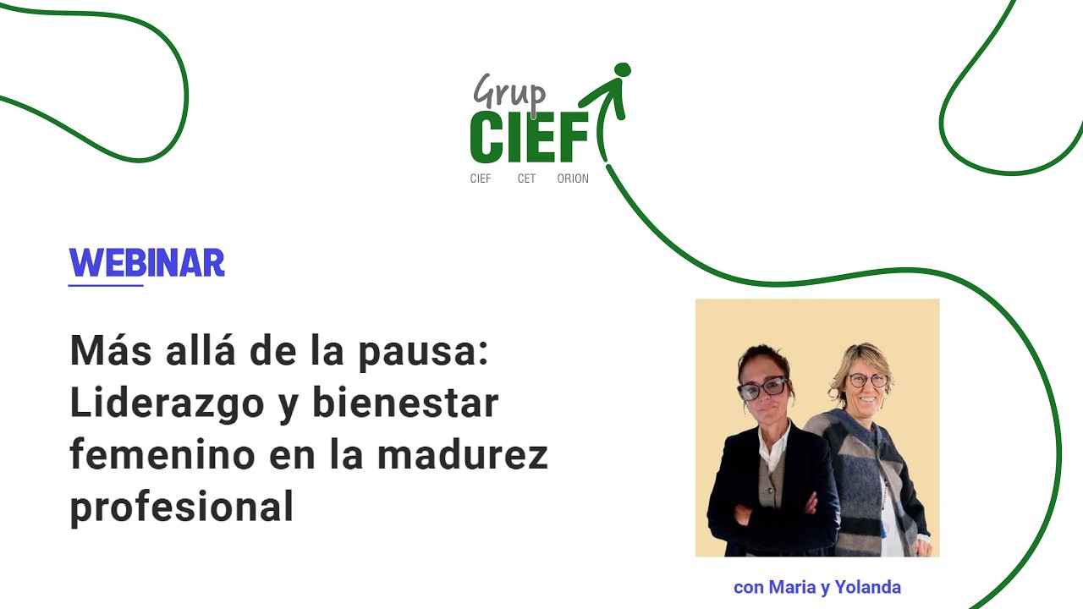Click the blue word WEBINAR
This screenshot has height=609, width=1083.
tap(146, 263)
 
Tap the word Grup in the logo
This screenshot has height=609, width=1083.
tap(509, 91)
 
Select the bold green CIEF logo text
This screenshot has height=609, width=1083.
tap(529, 137)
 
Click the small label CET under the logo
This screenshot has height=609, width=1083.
tap(526, 178)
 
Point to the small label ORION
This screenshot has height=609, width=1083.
tap(573, 178)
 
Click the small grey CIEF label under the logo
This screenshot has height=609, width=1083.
tap(481, 178)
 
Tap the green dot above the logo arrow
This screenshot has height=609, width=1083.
tap(623, 69)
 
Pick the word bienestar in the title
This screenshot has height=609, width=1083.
tap(406, 403)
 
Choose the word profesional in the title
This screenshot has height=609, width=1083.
tap(181, 507)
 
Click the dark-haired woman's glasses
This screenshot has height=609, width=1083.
tap(763, 388)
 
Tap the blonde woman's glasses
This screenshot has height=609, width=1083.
tap(868, 380)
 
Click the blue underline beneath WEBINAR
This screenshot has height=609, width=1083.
tap(106, 286)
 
